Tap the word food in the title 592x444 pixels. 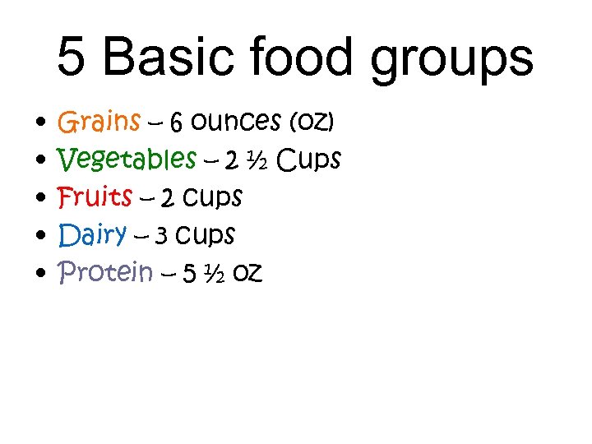[x=308, y=58]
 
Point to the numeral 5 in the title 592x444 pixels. [x=72, y=58]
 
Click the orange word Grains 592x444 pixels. [x=99, y=123]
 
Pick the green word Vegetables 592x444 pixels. [x=127, y=160]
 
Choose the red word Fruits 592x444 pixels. [x=95, y=197]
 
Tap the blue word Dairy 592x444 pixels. [x=92, y=235]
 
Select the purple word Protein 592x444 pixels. [x=105, y=272]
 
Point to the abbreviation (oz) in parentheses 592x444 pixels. [x=312, y=123]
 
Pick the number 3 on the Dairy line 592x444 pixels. [x=161, y=237]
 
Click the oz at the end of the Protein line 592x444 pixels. [x=247, y=273]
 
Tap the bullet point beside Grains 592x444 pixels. [x=40, y=124]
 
